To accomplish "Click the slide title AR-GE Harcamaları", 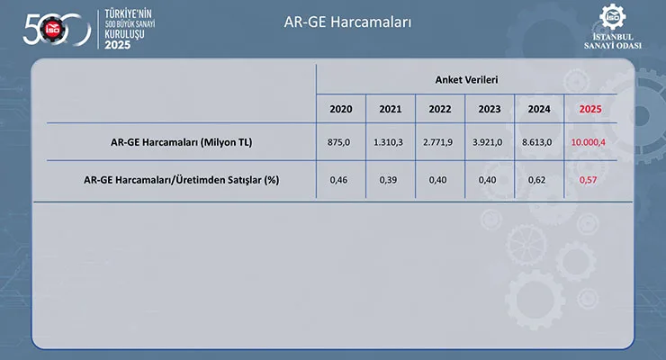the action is point(347,22).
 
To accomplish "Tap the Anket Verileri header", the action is point(466,80).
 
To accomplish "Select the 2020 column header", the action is point(340,109).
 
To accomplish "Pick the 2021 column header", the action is point(391,109).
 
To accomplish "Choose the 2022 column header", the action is point(439,109).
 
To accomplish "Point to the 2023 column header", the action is point(490,109).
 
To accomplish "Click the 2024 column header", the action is point(539,109).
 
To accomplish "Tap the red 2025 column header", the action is point(590,109).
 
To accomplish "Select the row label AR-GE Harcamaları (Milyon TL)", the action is point(182,142).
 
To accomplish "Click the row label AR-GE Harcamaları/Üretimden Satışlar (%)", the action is point(182,180).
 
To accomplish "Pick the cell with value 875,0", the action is point(338,142).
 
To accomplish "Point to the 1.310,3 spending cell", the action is point(388,142).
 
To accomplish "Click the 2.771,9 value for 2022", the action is point(438,142).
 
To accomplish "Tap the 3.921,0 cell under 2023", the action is point(487,142).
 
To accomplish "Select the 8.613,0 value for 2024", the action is point(537,142).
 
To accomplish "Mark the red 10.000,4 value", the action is point(589,142).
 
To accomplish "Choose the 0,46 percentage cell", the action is point(338,180).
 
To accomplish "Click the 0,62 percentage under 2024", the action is point(537,180).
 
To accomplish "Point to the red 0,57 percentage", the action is point(589,180).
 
